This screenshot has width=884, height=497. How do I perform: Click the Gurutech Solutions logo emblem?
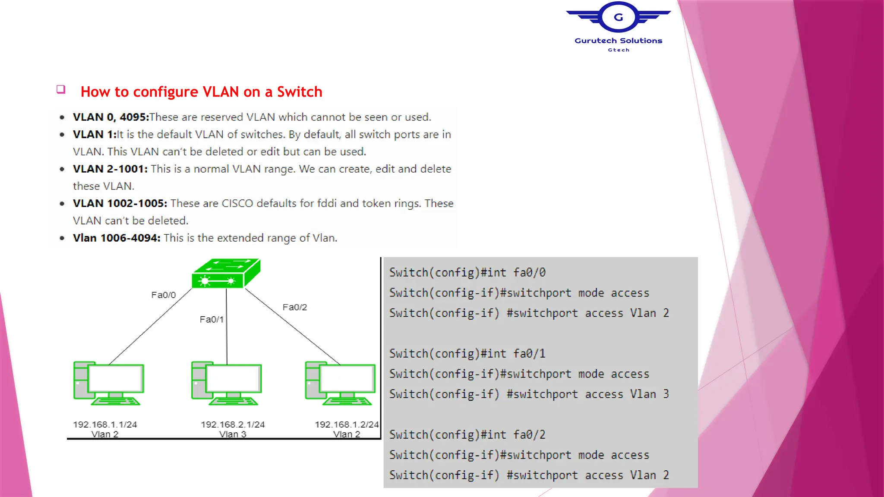618,17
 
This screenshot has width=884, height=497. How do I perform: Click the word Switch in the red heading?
299,92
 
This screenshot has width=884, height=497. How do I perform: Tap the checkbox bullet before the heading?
61,89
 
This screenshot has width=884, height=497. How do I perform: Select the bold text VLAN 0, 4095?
110,117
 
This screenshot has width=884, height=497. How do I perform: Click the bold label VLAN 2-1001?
110,169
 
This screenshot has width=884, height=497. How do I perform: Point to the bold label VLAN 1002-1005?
120,204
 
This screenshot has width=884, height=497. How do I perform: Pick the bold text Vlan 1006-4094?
117,238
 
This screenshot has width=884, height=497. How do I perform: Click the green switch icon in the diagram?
226,273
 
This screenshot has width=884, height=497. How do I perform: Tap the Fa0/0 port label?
163,295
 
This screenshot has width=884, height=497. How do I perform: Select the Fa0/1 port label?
212,320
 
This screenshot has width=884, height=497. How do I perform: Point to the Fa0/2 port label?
294,307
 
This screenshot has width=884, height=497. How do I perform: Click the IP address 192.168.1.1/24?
105,425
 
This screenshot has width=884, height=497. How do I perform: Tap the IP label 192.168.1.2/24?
347,425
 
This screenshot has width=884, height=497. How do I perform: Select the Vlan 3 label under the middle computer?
232,434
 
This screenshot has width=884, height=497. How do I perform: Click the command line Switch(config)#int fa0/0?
467,273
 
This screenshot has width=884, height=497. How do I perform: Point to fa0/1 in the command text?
529,354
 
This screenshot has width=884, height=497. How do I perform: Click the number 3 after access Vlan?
666,394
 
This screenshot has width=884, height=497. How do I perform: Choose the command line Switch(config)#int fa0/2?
467,435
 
